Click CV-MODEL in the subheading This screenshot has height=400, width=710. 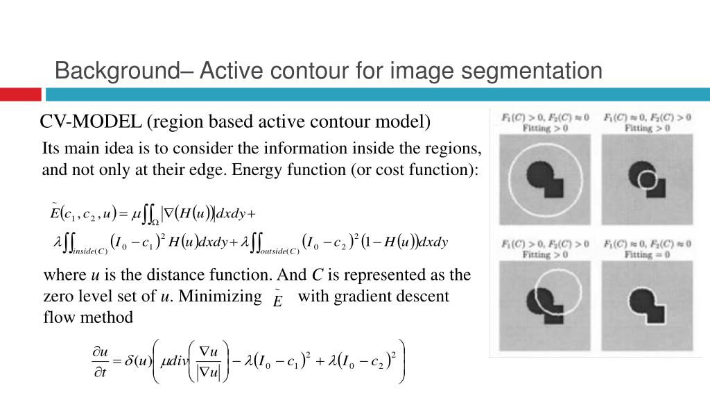[90, 122]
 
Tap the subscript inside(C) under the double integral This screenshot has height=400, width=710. [90, 251]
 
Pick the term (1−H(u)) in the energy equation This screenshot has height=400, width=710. [393, 242]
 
